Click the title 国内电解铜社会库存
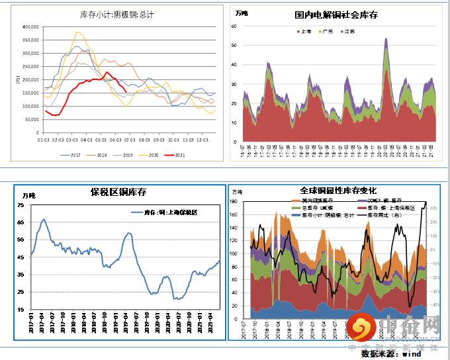click(x=336, y=15)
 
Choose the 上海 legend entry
click(x=305, y=31)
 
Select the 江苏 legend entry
click(x=348, y=31)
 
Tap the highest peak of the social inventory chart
click(x=386, y=38)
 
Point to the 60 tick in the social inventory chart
click(x=234, y=26)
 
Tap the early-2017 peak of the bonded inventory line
click(x=44, y=220)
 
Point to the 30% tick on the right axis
click(x=433, y=208)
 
